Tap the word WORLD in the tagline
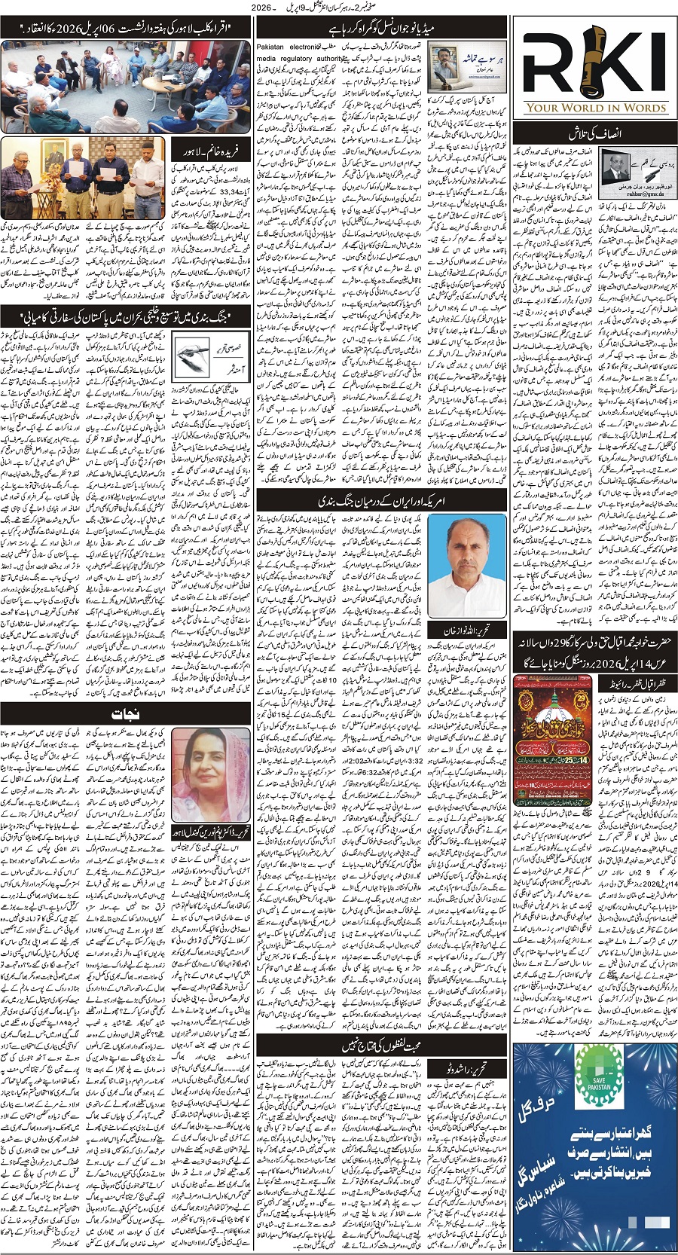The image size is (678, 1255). (576, 108)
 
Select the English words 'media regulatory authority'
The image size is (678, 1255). (299, 58)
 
